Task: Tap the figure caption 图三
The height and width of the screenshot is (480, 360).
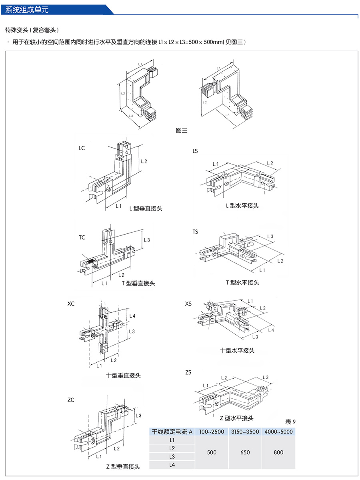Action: coord(182,130)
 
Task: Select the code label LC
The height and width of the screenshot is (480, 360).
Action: coord(82,148)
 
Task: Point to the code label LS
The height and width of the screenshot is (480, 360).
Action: coord(195,151)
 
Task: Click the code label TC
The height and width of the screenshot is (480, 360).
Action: coord(82,237)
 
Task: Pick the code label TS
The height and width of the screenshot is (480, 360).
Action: coord(195,232)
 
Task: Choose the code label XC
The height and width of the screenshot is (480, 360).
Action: coord(71,304)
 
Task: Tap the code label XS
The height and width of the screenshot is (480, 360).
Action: coord(188,304)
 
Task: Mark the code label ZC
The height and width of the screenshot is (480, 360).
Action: coord(71,400)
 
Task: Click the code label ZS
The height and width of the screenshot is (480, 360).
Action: coord(188,372)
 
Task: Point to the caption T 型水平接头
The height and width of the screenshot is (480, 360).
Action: coord(242,282)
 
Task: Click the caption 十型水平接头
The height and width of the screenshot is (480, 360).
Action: coord(237,350)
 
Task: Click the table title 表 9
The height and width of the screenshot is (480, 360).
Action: coord(290,422)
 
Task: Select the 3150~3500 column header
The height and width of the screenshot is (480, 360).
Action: coord(245,432)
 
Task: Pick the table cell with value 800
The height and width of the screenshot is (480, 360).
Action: coord(279,452)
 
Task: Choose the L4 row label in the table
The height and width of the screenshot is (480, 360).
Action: coord(172,465)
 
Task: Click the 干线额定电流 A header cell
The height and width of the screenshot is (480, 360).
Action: coord(172,432)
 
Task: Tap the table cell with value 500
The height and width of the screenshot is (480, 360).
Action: coord(212,452)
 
